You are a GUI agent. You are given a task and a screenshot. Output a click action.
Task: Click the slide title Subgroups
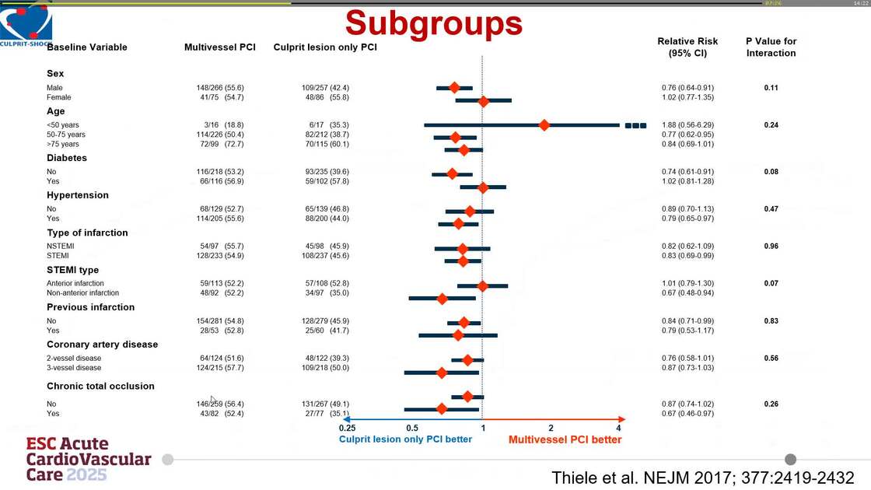(x=434, y=24)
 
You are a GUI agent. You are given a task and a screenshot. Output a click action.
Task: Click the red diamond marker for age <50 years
(x=544, y=124)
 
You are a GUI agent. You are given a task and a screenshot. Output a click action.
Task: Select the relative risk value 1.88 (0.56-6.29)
(x=687, y=124)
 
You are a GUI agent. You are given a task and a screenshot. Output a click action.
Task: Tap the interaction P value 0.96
(x=771, y=246)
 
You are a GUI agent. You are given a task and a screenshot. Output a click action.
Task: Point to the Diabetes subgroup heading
(x=67, y=158)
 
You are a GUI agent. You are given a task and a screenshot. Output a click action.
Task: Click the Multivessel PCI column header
(x=219, y=47)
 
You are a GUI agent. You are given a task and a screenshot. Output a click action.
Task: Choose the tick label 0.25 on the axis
(x=347, y=428)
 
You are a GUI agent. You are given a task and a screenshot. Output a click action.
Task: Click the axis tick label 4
(x=618, y=428)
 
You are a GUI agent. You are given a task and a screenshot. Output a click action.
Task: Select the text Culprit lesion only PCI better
(x=405, y=439)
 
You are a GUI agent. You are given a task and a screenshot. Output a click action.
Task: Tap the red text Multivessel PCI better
(x=565, y=439)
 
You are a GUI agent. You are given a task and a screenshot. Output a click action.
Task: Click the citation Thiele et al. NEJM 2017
(x=702, y=477)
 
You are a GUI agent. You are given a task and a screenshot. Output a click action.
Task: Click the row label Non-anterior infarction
(x=82, y=293)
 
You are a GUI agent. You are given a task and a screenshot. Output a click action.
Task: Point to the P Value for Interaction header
(x=771, y=47)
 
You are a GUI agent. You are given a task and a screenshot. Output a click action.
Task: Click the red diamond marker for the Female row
(x=483, y=101)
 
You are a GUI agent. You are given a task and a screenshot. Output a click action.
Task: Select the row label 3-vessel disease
(x=74, y=367)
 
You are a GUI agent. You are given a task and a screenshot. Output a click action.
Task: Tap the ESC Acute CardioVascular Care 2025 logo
(x=88, y=459)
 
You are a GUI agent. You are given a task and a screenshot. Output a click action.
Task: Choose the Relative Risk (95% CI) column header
(x=687, y=47)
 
